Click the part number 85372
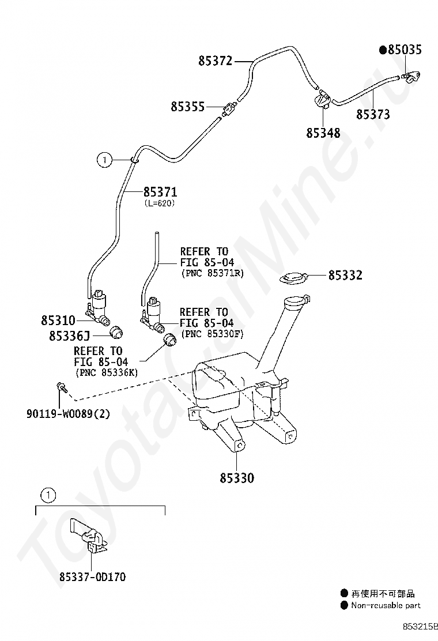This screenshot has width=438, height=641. [215, 61]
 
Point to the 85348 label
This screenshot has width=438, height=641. [323, 133]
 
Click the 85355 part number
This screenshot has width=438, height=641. [187, 107]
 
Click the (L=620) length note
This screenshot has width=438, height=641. [159, 203]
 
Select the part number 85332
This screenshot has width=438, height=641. [345, 276]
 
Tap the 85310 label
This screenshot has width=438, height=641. [58, 319]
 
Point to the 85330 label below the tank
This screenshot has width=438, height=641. [236, 478]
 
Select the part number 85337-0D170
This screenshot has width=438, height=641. [92, 576]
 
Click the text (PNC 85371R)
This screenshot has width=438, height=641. [212, 273]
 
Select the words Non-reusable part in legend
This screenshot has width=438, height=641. [386, 605]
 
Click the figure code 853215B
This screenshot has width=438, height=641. [420, 625]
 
